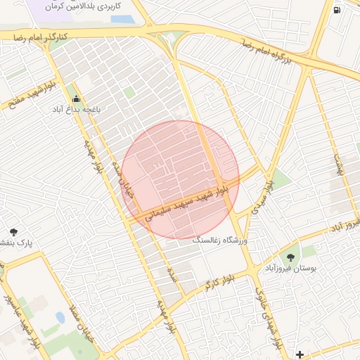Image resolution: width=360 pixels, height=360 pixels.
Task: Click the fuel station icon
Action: click(x=336, y=10)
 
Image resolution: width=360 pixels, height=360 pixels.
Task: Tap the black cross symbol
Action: click(x=300, y=354)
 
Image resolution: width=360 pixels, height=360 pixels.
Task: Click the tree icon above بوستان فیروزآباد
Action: click(x=291, y=257)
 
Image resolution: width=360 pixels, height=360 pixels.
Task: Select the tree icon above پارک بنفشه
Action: click(x=13, y=232)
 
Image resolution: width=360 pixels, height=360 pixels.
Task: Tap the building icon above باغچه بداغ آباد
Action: click(x=75, y=99)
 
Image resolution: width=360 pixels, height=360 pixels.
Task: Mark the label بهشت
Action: click(x=340, y=165)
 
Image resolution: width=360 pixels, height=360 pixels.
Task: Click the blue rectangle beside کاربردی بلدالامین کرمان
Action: click(x=122, y=19)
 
